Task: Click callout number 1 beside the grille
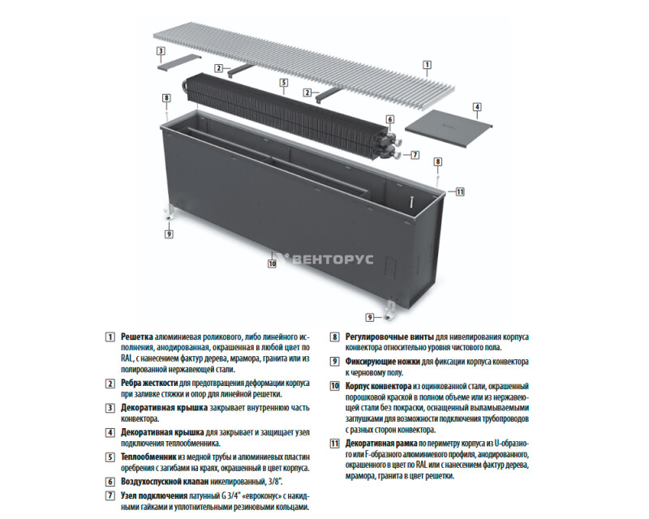click(x=427, y=65)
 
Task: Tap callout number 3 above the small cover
click(x=161, y=51)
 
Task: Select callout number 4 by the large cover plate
click(x=477, y=107)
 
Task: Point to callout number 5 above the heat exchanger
click(x=283, y=83)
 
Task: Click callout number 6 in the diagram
click(x=390, y=119)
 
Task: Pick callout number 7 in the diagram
click(x=415, y=155)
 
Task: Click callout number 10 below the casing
click(x=272, y=264)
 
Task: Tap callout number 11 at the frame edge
click(x=460, y=191)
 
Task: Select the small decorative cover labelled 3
click(x=179, y=62)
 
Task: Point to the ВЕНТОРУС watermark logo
click(x=324, y=259)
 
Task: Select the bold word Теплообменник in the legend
click(x=148, y=457)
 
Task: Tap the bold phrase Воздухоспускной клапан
click(x=165, y=482)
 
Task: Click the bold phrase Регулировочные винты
click(x=389, y=337)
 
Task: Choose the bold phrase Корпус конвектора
click(x=378, y=386)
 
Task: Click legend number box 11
click(x=334, y=444)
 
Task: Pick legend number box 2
click(x=110, y=384)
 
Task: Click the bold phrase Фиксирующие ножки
click(x=383, y=362)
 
